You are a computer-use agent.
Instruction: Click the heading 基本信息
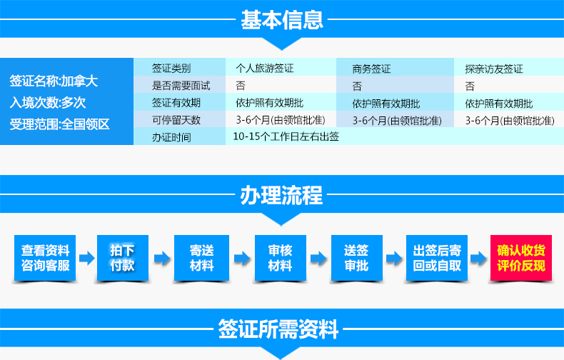point(282,20)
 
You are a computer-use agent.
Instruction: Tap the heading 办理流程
point(281,195)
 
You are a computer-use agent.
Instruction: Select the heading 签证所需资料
point(278,329)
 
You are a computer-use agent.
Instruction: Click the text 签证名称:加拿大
point(54,81)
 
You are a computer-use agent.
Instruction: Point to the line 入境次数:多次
point(48,103)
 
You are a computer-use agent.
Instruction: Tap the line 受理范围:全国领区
point(59,124)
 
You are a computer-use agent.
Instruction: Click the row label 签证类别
point(171,68)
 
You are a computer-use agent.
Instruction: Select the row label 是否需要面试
point(181,85)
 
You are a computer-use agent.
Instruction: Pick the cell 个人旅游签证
point(265,68)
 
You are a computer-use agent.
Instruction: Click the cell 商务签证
point(371,69)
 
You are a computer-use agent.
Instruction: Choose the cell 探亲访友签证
point(494,69)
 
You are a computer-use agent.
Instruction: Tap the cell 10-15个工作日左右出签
point(286,136)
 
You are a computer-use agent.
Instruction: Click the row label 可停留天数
point(176,120)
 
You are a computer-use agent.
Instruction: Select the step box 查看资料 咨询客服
point(45,258)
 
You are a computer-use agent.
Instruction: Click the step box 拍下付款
point(123,258)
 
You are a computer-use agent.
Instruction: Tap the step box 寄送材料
point(201,258)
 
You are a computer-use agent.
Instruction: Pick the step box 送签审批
point(356,258)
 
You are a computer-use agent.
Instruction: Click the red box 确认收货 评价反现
point(521,258)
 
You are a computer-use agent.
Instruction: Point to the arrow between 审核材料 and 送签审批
point(318,258)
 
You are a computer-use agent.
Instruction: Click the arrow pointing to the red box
point(478,258)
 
